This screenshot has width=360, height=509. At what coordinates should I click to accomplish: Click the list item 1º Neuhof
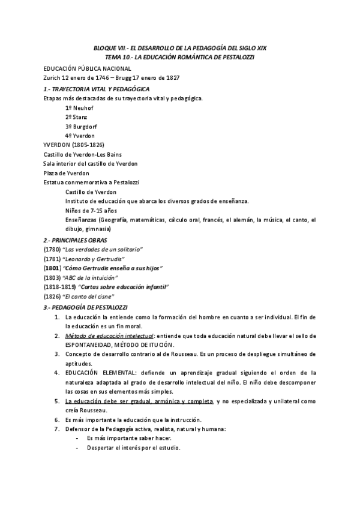click(x=80, y=107)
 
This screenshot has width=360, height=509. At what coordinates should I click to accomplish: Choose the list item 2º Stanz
click(x=77, y=117)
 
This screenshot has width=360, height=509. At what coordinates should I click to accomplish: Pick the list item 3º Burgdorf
click(x=82, y=127)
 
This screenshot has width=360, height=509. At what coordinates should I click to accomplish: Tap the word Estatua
click(x=55, y=182)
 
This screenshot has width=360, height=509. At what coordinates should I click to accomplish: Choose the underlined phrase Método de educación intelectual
click(x=110, y=336)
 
